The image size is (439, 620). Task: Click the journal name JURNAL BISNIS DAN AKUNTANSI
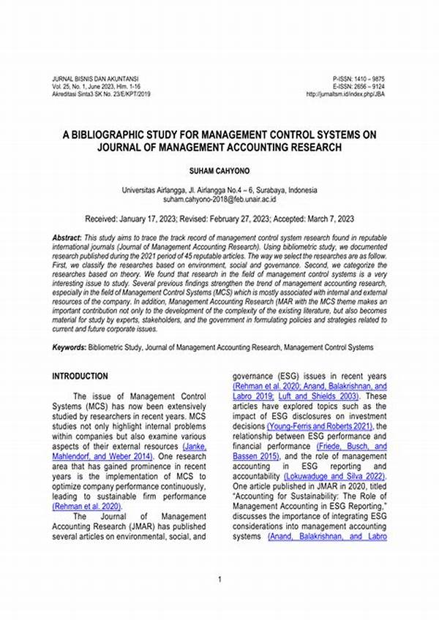coord(95,78)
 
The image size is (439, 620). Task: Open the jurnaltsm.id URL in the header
coord(346,94)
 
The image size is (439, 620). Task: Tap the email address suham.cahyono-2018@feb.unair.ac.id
coord(219,198)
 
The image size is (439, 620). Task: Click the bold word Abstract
coord(67,239)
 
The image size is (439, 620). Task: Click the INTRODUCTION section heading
coord(80,376)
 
